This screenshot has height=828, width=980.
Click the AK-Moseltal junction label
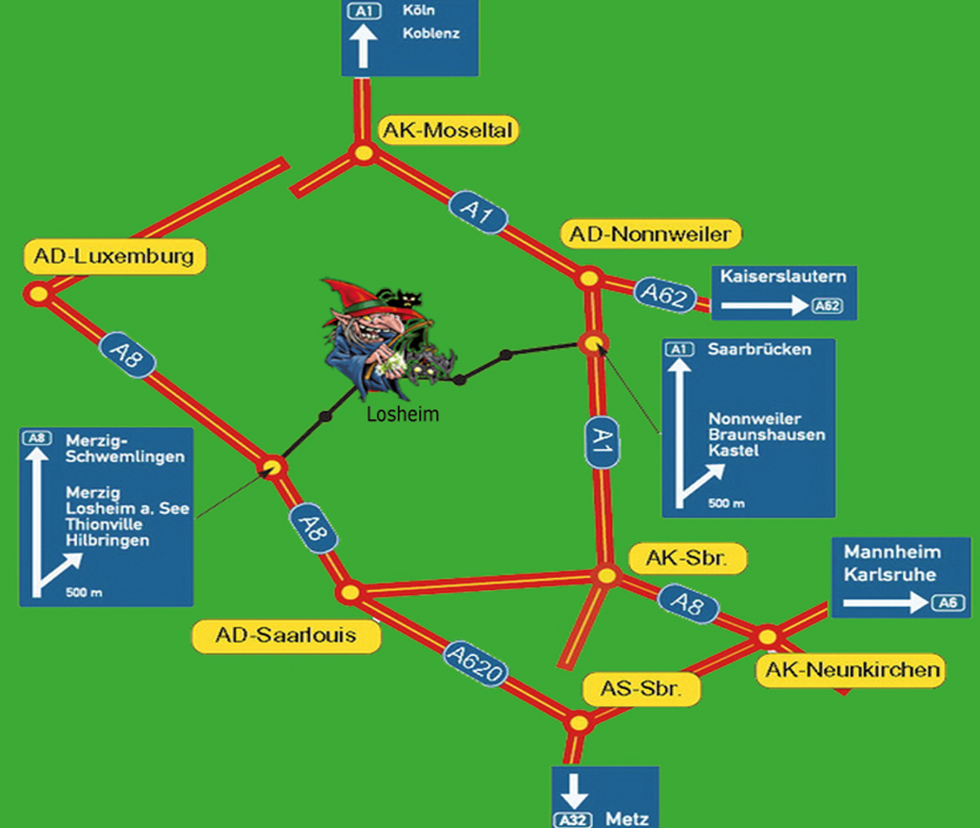click(448, 130)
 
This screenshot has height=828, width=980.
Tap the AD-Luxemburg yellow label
click(115, 256)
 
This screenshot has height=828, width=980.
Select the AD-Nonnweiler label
click(650, 234)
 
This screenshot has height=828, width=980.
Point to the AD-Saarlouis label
click(286, 635)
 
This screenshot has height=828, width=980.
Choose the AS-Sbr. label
click(641, 689)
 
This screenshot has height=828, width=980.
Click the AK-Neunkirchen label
click(852, 670)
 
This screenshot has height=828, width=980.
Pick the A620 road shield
click(476, 663)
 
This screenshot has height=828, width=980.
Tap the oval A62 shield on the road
click(665, 294)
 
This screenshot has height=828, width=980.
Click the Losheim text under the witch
click(402, 414)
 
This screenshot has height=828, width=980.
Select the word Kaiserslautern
click(783, 277)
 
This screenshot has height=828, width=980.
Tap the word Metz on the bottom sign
click(627, 818)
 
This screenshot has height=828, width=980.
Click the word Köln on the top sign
click(419, 11)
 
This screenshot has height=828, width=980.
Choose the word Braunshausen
click(766, 434)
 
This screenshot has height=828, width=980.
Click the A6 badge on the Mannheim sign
click(948, 603)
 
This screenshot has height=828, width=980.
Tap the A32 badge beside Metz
click(573, 820)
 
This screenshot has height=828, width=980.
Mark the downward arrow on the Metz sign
click(573, 791)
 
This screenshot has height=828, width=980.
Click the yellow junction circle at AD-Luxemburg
click(37, 293)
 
